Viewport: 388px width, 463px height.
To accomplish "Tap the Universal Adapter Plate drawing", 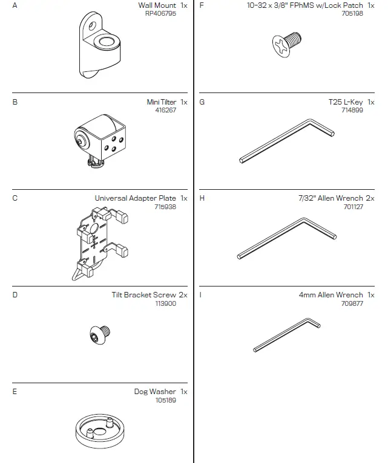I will coord(99,241).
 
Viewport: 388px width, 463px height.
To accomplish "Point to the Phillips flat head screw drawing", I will coord(288,43).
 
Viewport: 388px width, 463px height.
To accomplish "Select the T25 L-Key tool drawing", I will coord(286,141).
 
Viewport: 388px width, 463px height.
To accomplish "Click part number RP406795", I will coord(160,13).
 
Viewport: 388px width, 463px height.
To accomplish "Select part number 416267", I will coord(165,110).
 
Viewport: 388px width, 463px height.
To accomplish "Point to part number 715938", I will coord(165,207).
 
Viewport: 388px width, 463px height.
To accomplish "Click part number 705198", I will coord(352,13).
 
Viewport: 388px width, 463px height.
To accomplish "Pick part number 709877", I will coord(352,303).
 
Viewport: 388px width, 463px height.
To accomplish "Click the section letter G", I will coord(202,102).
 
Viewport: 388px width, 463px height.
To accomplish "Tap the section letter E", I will coord(15,392).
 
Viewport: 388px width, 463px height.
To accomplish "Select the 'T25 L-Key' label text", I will coord(345,102).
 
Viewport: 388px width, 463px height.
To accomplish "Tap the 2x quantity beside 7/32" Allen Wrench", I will coord(370,198).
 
